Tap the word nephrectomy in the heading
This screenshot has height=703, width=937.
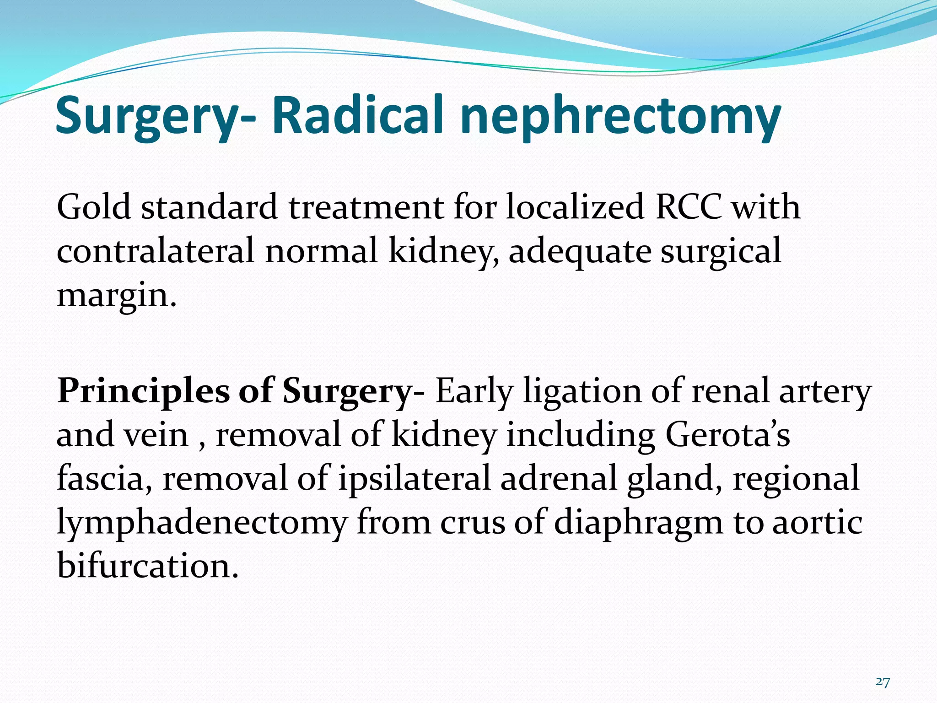(620, 117)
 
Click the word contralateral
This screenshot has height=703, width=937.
(156, 251)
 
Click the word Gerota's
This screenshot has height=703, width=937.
(727, 435)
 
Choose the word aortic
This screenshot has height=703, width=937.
(818, 522)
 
